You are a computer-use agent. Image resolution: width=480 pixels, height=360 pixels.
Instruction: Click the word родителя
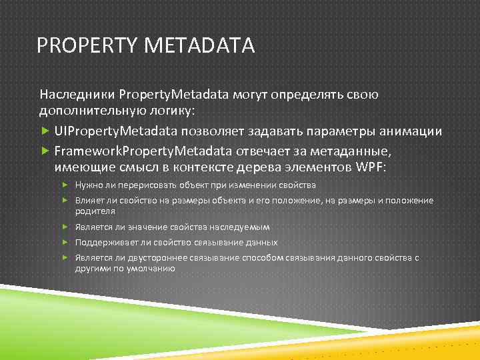click(x=95, y=211)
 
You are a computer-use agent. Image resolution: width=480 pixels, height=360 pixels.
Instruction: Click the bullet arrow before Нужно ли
click(x=66, y=185)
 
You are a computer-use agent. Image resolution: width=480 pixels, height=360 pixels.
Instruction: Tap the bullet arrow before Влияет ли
click(x=66, y=200)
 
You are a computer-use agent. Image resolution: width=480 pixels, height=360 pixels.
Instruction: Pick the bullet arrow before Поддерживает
click(x=66, y=242)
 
